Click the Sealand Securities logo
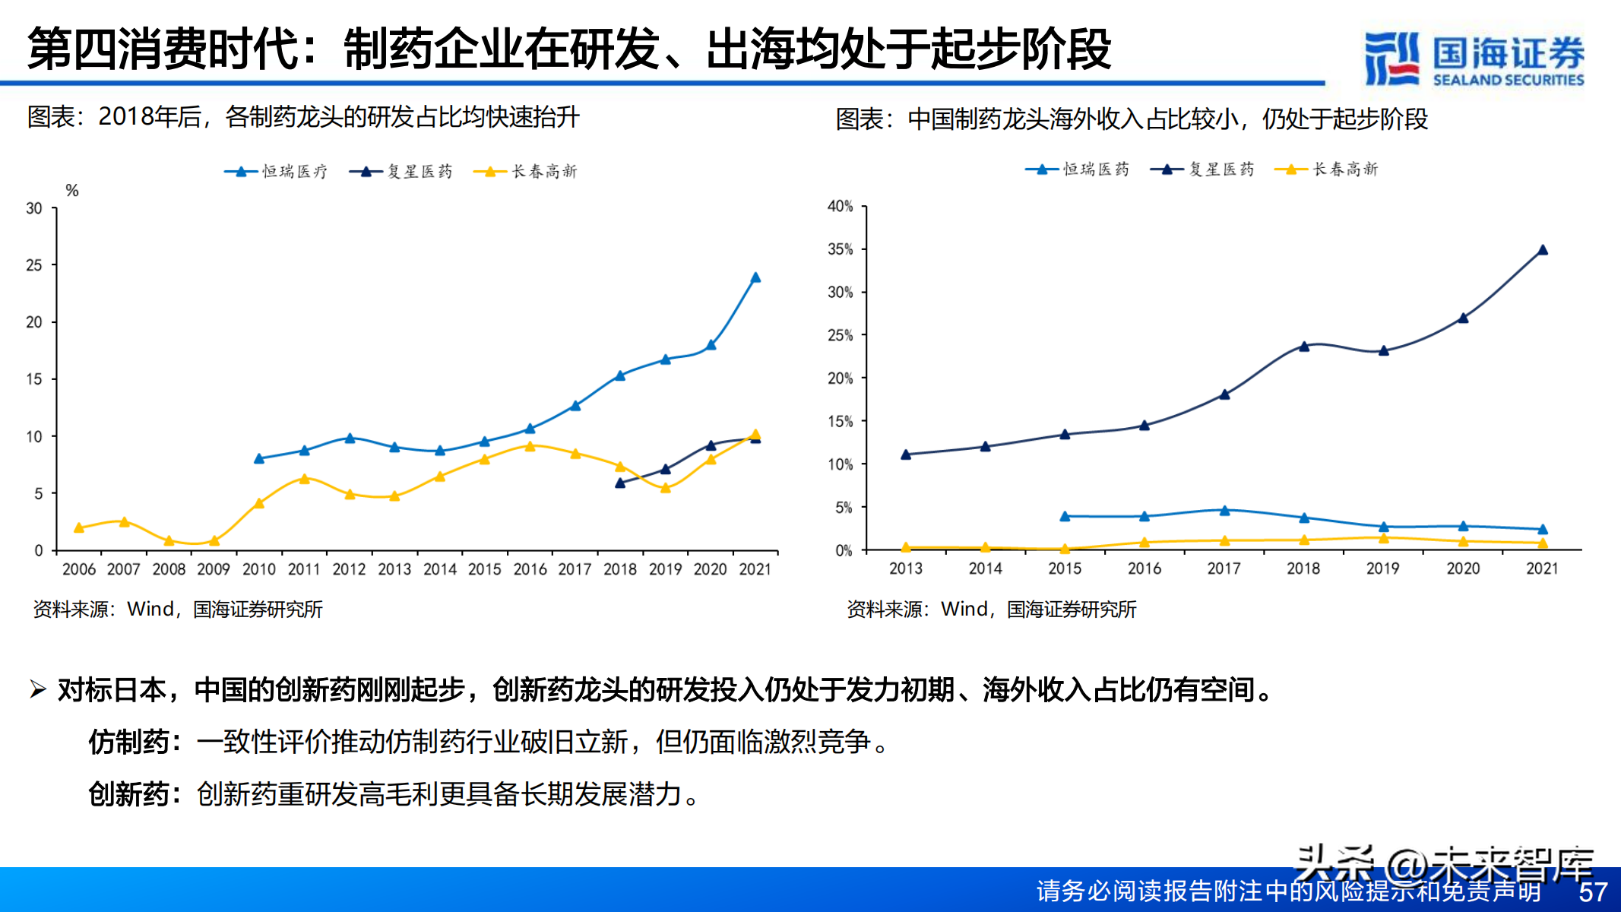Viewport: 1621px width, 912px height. [x=1474, y=59]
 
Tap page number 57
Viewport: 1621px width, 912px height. [x=1593, y=891]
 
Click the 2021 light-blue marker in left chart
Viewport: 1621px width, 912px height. [x=755, y=277]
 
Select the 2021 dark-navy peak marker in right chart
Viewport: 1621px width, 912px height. [x=1543, y=249]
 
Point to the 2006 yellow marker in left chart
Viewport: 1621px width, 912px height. [x=79, y=527]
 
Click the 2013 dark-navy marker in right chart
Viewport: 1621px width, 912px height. [x=906, y=454]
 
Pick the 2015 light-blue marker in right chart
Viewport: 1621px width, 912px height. [x=1065, y=516]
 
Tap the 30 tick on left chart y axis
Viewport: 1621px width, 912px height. [x=34, y=208]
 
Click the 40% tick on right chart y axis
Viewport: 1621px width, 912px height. [x=841, y=206]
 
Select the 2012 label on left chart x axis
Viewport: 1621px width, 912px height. [x=350, y=569]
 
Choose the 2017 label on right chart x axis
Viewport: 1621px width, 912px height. [x=1224, y=568]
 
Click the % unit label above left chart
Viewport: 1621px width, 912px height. [x=72, y=191]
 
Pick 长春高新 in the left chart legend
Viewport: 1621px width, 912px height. [x=544, y=172]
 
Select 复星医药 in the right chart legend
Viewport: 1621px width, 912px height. [x=1221, y=169]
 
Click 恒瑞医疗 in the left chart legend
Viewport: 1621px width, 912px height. [x=295, y=172]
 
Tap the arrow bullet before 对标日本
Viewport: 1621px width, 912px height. [x=38, y=689]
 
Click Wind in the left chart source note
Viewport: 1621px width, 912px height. [x=150, y=609]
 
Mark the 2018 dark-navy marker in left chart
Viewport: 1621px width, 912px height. [x=620, y=483]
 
